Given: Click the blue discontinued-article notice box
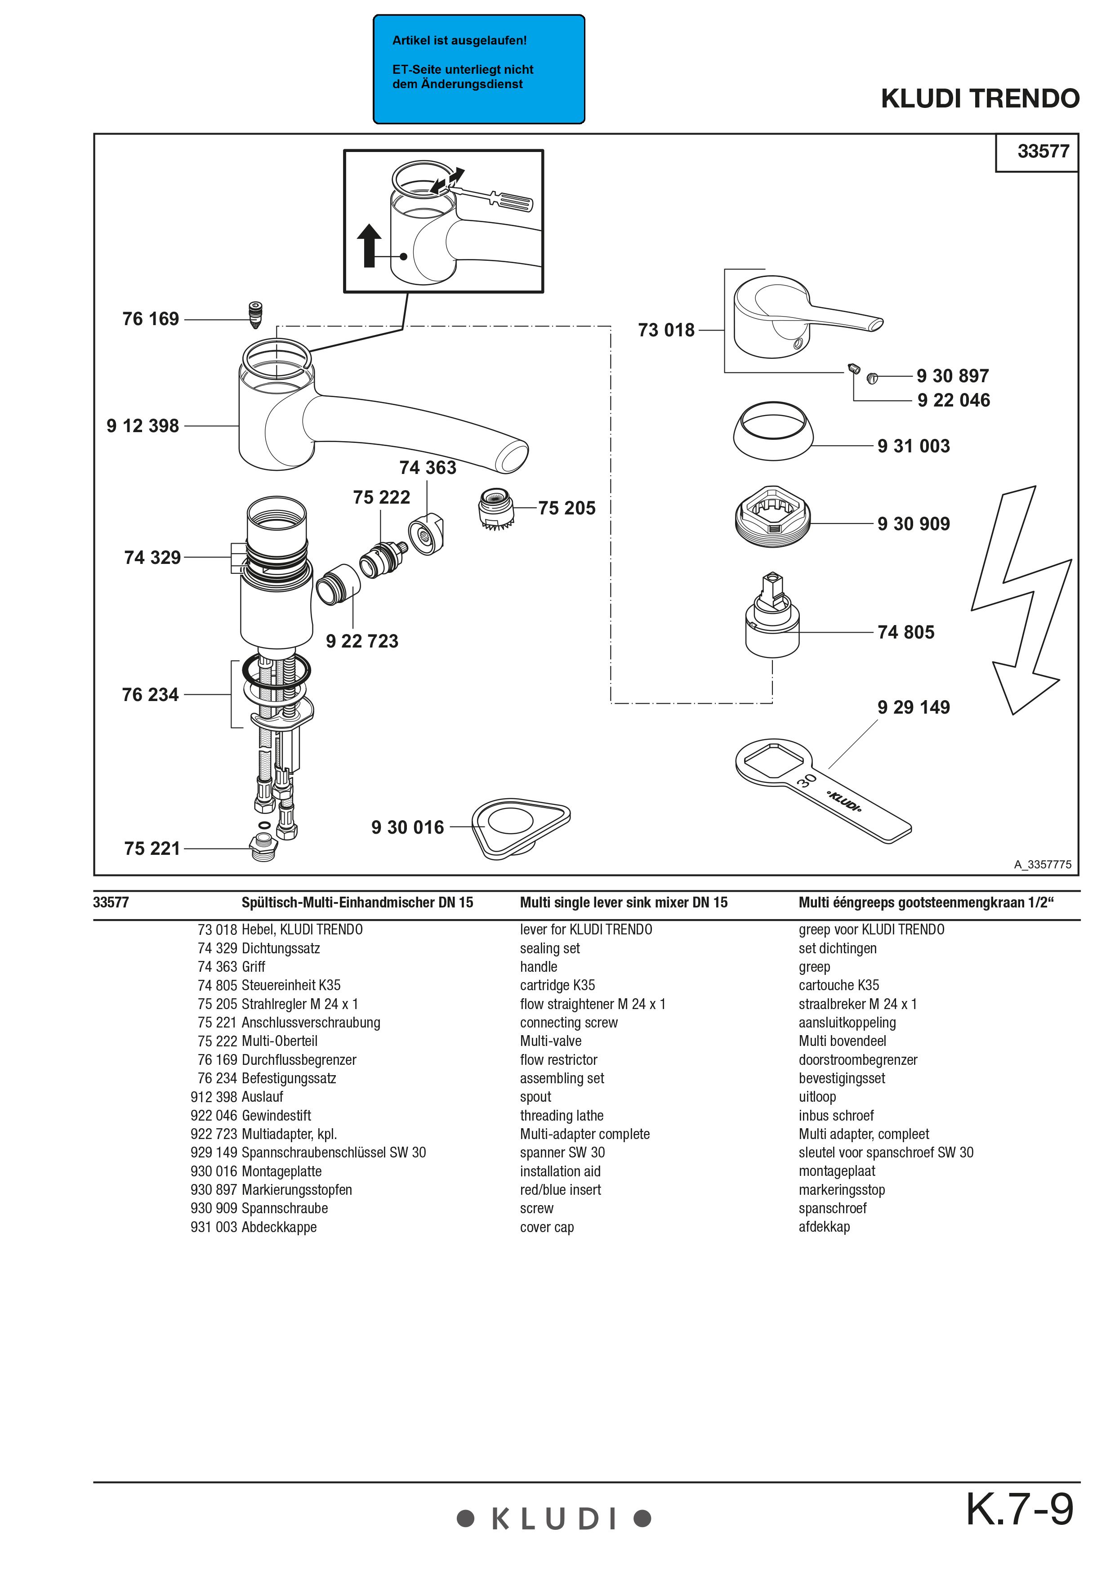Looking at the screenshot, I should [x=478, y=69].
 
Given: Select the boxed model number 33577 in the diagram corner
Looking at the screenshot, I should [x=1043, y=151].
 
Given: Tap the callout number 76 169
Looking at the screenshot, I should [x=150, y=319].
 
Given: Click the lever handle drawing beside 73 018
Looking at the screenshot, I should [x=796, y=316].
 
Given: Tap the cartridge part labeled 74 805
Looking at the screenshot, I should [x=772, y=618].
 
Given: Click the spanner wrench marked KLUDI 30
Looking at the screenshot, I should [x=824, y=790].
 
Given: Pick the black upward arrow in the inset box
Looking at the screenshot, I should [x=370, y=245].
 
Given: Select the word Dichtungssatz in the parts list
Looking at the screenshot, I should [x=281, y=948].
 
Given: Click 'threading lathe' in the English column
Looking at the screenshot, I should [x=562, y=1116].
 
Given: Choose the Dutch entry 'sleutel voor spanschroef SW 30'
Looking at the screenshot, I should [x=886, y=1153].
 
